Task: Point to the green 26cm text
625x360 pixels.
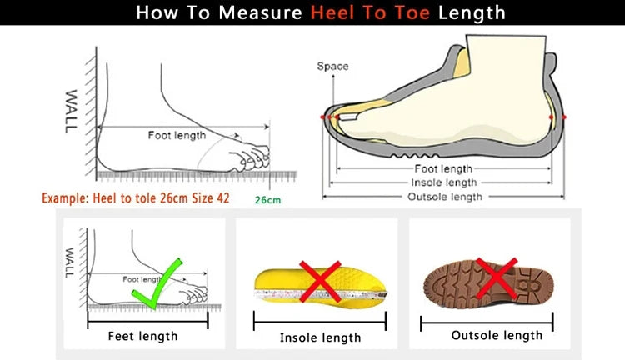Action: (x=267, y=200)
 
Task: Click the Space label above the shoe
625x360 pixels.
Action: (x=332, y=66)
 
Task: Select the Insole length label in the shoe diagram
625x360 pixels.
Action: (x=443, y=182)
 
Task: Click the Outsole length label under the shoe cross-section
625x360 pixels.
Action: (x=444, y=197)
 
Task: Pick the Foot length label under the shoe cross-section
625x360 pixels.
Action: (x=443, y=168)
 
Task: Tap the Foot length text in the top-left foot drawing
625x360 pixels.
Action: (x=177, y=135)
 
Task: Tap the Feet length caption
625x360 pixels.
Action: (x=143, y=336)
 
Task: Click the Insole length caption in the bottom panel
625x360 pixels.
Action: (x=320, y=337)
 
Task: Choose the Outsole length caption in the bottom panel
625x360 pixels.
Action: (x=497, y=335)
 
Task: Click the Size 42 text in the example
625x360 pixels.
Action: (x=210, y=199)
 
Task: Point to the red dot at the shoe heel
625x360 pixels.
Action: (x=564, y=117)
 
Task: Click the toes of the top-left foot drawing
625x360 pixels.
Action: (x=255, y=157)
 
